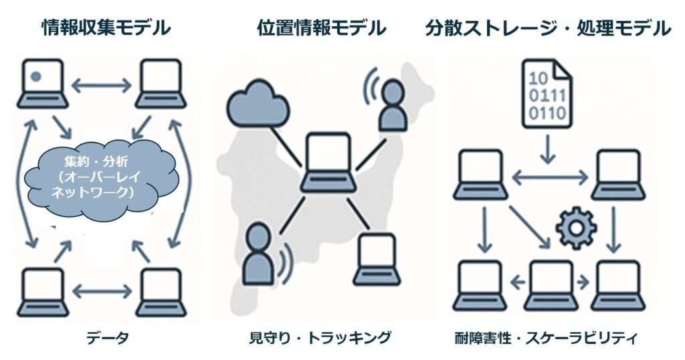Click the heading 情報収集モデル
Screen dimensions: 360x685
[106, 28]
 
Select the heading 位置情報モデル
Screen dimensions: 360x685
[322, 28]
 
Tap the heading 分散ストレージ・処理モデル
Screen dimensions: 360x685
[548, 28]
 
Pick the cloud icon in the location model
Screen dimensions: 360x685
[257, 104]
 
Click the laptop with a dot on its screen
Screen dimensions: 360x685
[42, 83]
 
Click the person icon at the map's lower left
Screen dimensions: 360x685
[258, 254]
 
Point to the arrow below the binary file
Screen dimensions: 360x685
[547, 149]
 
